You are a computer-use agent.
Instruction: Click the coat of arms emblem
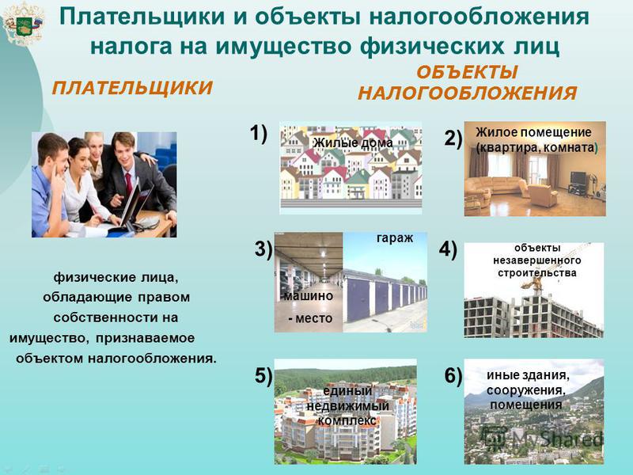coord(23,24)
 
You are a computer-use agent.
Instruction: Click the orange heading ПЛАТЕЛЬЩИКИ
coord(132,88)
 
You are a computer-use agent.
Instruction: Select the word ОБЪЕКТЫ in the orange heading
coord(467,73)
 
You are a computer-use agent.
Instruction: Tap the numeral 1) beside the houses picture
coord(259,133)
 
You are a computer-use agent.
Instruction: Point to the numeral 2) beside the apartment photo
coord(453,138)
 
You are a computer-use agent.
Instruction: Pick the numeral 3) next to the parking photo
coord(263,249)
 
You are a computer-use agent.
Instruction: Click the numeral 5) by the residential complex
coord(263,375)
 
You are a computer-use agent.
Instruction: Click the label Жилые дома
coord(353,142)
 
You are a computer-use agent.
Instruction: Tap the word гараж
coord(395,238)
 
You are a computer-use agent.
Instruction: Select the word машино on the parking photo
coord(309,296)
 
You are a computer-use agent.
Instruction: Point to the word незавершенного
coord(537,260)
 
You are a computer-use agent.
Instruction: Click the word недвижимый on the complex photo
coord(347,406)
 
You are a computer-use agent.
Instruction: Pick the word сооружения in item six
coord(525,390)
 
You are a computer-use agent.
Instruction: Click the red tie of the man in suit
coord(129,184)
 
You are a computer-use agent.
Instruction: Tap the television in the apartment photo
coord(578,177)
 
